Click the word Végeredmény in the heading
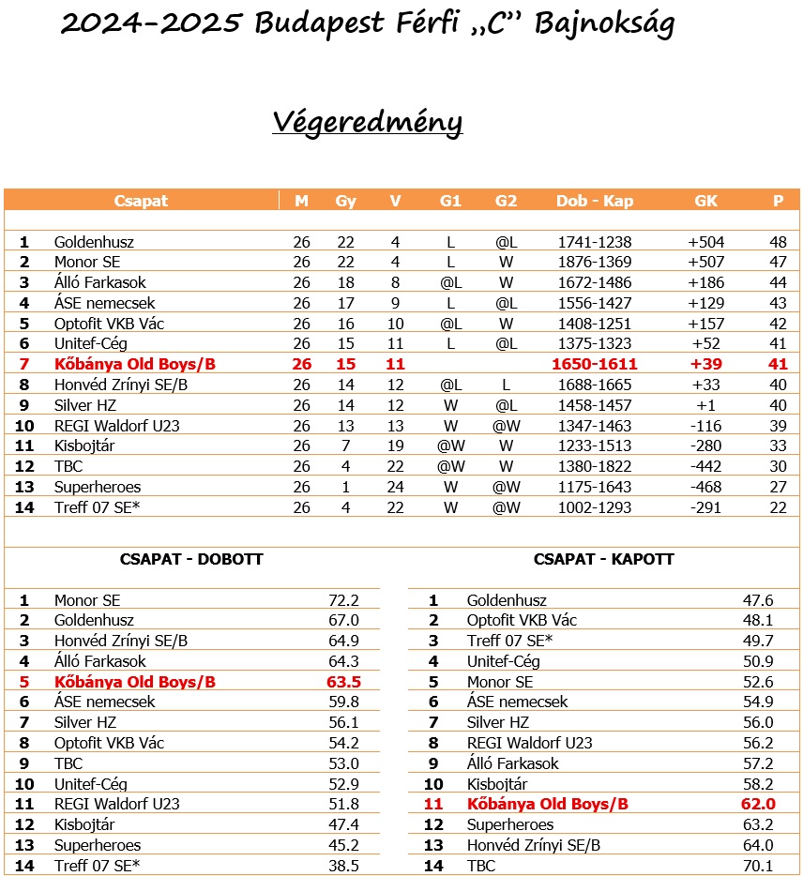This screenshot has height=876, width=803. point(367,123)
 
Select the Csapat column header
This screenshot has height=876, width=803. point(141,201)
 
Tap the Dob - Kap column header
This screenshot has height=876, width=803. point(594,201)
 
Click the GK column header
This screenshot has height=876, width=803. point(705,201)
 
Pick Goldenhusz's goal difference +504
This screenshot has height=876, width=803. point(705,242)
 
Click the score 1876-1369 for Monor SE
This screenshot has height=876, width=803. point(594,262)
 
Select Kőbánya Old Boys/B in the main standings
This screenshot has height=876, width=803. point(135,364)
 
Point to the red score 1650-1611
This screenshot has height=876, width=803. point(594,364)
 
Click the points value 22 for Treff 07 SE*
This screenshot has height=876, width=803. point(778,507)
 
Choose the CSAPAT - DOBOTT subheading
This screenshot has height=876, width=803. point(191,559)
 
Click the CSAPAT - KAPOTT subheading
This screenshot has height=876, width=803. point(604,559)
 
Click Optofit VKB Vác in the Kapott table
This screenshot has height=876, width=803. point(522,621)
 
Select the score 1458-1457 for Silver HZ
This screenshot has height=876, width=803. point(594,405)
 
